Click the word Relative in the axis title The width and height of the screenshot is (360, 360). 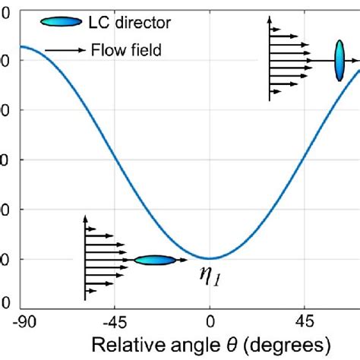pos(123,344)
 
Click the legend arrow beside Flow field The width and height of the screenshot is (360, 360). pos(64,51)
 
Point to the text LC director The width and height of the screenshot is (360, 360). pos(128,23)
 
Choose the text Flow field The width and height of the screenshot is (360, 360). pos(125,51)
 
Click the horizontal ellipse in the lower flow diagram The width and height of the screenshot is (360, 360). pos(153,260)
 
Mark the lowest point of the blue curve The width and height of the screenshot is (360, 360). pos(210,258)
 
